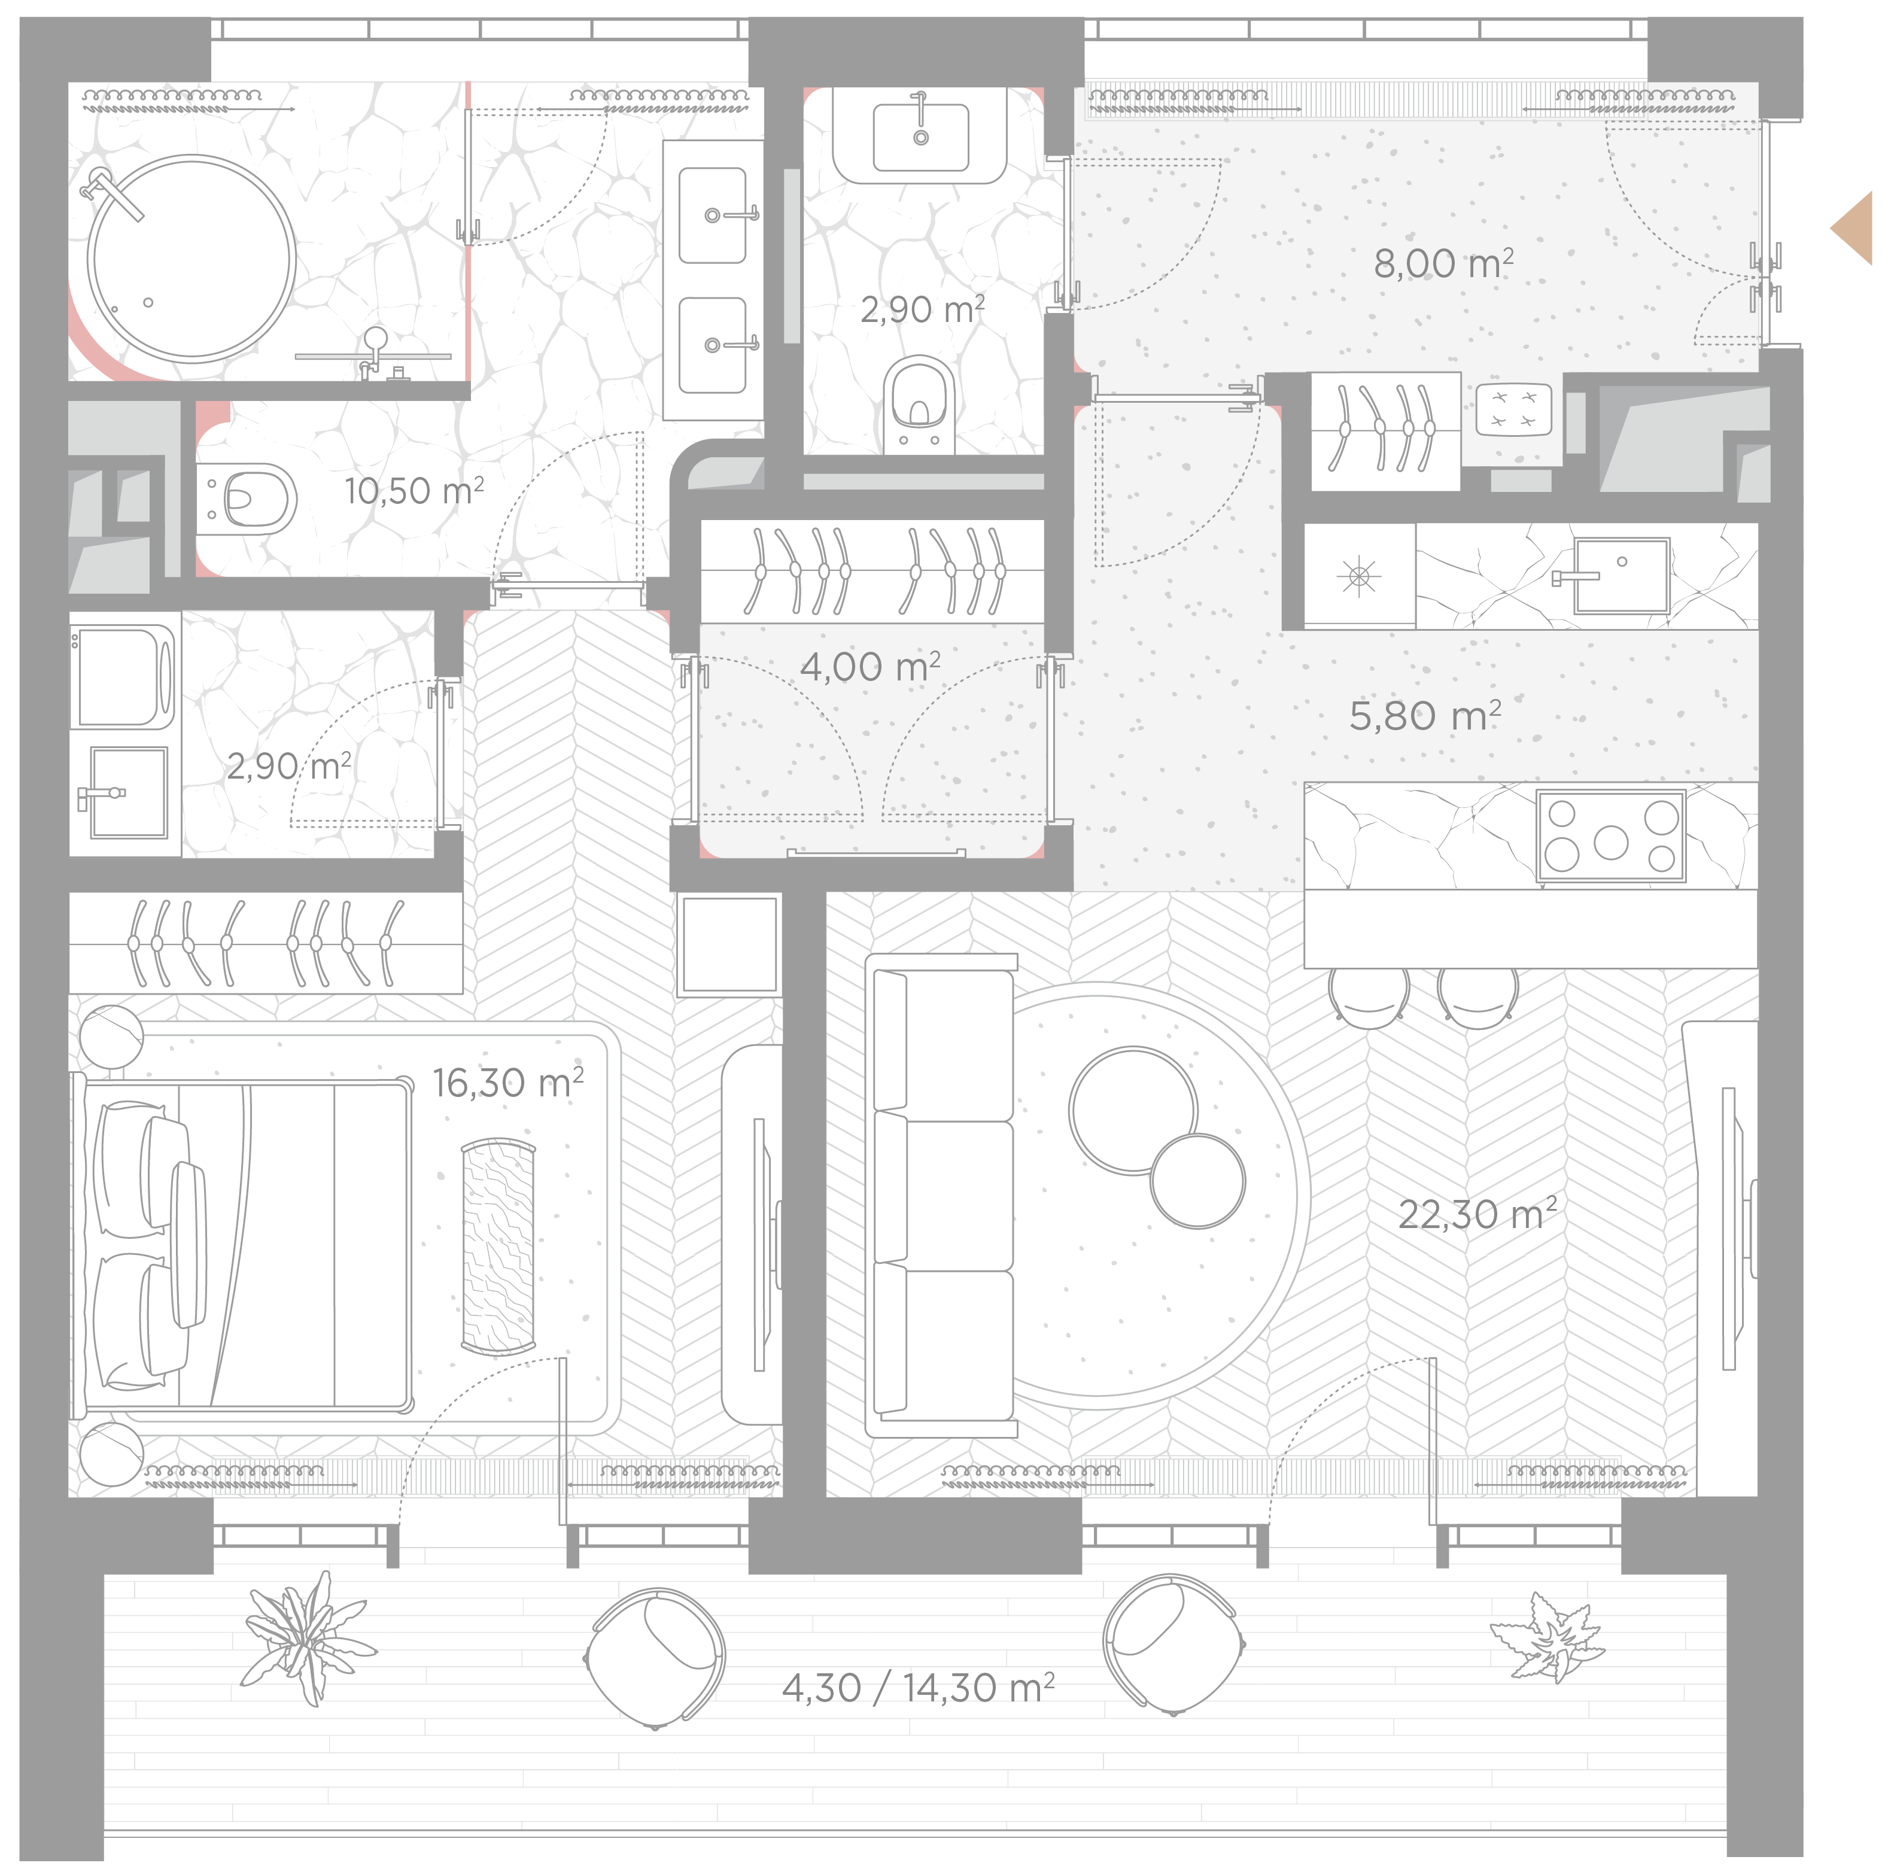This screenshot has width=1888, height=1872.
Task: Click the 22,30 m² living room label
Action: tap(1476, 1214)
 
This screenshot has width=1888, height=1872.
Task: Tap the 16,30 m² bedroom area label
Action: tap(508, 1082)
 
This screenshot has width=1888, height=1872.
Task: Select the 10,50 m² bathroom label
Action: tap(414, 490)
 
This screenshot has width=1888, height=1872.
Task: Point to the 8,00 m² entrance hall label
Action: tap(1443, 263)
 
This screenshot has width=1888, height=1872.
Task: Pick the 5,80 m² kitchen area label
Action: tap(1425, 716)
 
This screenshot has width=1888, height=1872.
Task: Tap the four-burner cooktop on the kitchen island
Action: tap(1610, 836)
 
